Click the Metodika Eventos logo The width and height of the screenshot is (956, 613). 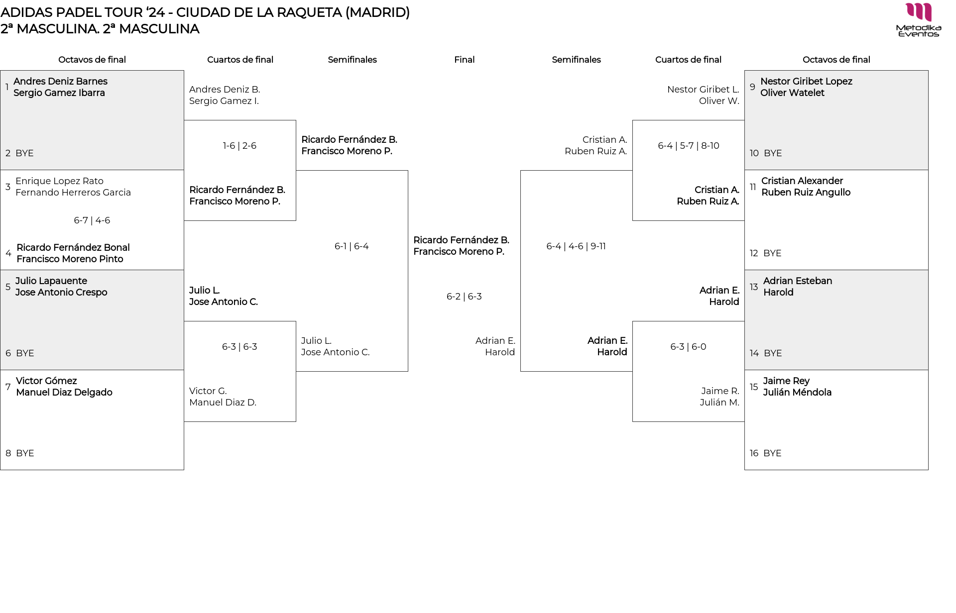pyautogui.click(x=918, y=19)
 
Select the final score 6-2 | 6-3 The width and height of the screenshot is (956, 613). pyautogui.click(x=464, y=297)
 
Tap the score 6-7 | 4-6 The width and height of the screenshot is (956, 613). pyautogui.click(x=92, y=220)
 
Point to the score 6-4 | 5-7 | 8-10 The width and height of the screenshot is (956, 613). pyautogui.click(x=688, y=146)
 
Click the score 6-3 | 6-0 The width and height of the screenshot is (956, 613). pyautogui.click(x=688, y=347)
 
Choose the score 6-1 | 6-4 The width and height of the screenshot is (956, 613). pyautogui.click(x=352, y=246)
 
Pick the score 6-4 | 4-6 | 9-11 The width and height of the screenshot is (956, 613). pyautogui.click(x=576, y=246)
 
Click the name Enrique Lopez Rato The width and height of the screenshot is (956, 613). pyautogui.click(x=59, y=181)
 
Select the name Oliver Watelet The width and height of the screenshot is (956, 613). pyautogui.click(x=792, y=93)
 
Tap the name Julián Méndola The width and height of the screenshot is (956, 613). pyautogui.click(x=797, y=393)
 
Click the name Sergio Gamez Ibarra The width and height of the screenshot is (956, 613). pyautogui.click(x=59, y=93)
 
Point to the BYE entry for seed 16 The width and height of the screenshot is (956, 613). pyautogui.click(x=772, y=453)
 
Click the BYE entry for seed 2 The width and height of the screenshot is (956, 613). pyautogui.click(x=24, y=153)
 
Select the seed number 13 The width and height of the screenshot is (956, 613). pyautogui.click(x=754, y=287)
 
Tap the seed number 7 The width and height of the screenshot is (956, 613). pyautogui.click(x=8, y=387)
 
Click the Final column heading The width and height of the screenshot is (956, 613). pyautogui.click(x=464, y=60)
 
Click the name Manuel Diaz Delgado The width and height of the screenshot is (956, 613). pyautogui.click(x=64, y=393)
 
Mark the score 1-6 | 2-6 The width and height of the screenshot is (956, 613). pyautogui.click(x=239, y=146)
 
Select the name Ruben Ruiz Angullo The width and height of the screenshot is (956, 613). pyautogui.click(x=806, y=193)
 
